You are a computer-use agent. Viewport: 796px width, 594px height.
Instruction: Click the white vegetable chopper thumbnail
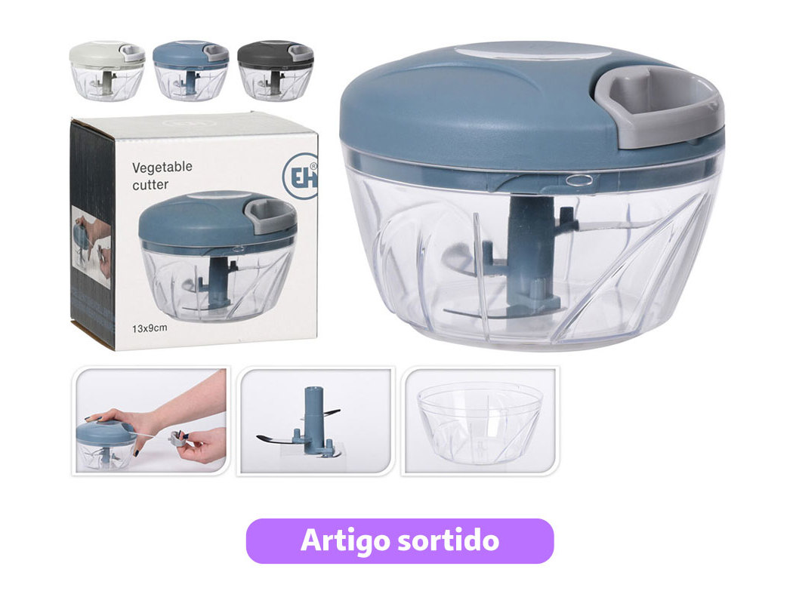click(107, 70)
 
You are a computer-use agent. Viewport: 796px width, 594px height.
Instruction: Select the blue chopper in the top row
click(191, 70)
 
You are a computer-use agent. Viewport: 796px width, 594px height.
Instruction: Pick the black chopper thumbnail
click(275, 70)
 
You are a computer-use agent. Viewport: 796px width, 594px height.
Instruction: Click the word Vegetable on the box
click(162, 167)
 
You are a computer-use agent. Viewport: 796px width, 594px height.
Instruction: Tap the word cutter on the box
click(150, 185)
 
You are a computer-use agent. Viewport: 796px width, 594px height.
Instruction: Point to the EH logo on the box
click(301, 176)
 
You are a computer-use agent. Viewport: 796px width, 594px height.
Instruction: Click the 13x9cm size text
click(150, 328)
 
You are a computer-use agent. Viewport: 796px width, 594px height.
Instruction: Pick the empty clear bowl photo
click(480, 421)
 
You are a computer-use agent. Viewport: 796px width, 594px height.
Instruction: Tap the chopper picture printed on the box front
click(218, 257)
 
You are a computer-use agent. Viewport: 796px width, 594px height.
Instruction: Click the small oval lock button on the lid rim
click(579, 179)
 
